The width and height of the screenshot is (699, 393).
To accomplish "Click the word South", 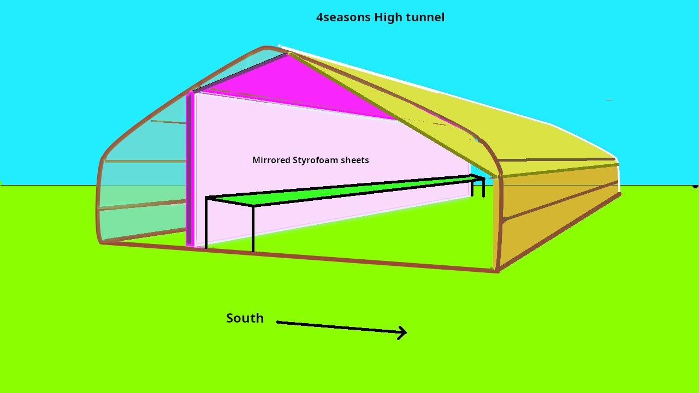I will click(245, 318).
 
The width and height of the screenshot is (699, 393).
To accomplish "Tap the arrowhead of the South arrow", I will click(403, 332).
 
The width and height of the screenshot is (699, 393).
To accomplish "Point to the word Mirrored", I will click(271, 160).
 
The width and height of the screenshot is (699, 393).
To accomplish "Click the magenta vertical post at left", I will click(190, 169).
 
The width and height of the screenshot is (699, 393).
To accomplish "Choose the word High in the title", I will click(387, 17).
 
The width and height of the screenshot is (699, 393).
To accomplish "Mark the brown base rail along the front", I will click(300, 257).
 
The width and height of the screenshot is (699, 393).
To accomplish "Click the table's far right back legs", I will click(478, 187).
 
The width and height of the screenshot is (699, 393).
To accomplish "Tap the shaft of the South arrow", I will click(339, 327).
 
